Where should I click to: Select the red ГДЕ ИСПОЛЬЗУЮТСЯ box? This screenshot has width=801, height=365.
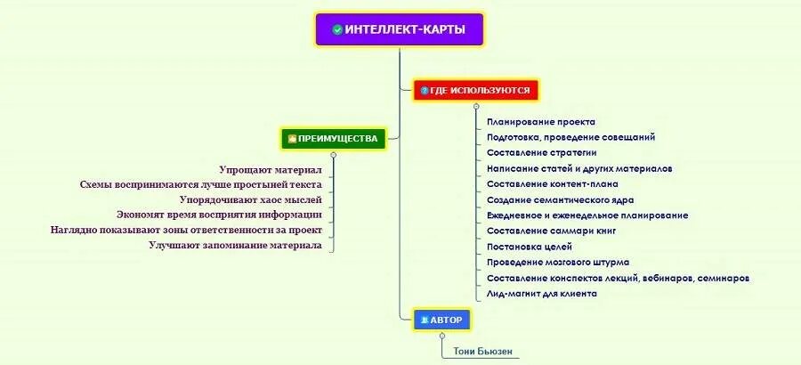[476, 90]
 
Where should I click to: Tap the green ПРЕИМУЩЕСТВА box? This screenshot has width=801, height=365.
[333, 138]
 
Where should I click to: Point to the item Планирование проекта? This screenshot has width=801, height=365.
[541, 121]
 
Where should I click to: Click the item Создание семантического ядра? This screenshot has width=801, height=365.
[560, 199]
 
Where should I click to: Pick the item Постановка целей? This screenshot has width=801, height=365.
[530, 246]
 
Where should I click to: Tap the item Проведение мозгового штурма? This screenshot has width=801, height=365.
[558, 262]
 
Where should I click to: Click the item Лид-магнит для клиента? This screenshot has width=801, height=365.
[542, 293]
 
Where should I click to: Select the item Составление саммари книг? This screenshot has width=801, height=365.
[551, 231]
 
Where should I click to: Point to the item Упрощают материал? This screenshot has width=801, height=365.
[271, 169]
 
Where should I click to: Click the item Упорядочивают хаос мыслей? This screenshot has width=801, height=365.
[250, 199]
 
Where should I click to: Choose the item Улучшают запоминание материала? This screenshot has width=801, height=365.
[235, 246]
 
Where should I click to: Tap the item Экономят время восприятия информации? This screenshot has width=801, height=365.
[219, 215]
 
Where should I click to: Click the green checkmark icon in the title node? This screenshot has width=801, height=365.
[337, 29]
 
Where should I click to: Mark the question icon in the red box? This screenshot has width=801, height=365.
[425, 90]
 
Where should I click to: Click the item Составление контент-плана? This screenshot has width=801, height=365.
[547, 183]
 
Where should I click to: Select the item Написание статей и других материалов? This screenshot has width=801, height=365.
[579, 168]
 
